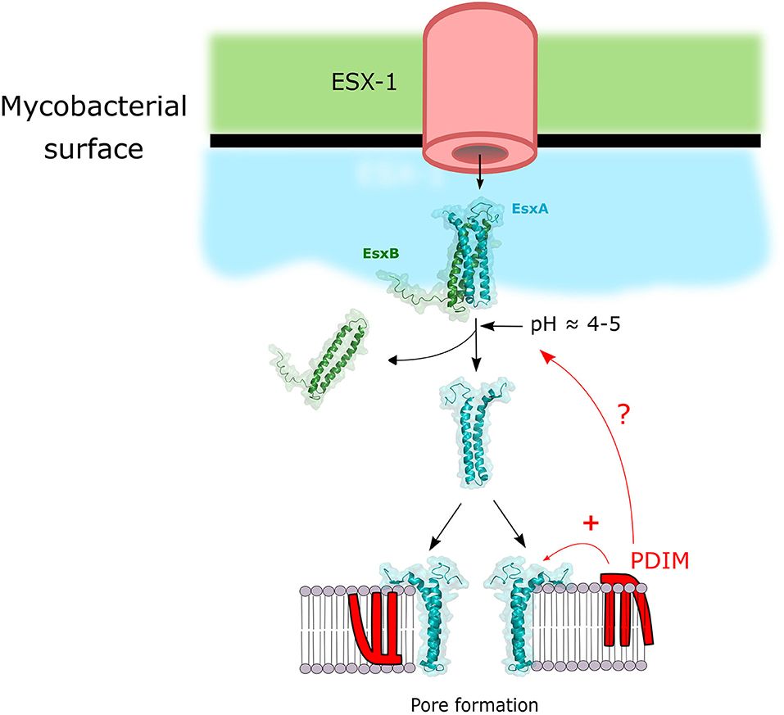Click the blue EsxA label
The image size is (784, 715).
pos(529,210)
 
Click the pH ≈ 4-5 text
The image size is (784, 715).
pos(578,326)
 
